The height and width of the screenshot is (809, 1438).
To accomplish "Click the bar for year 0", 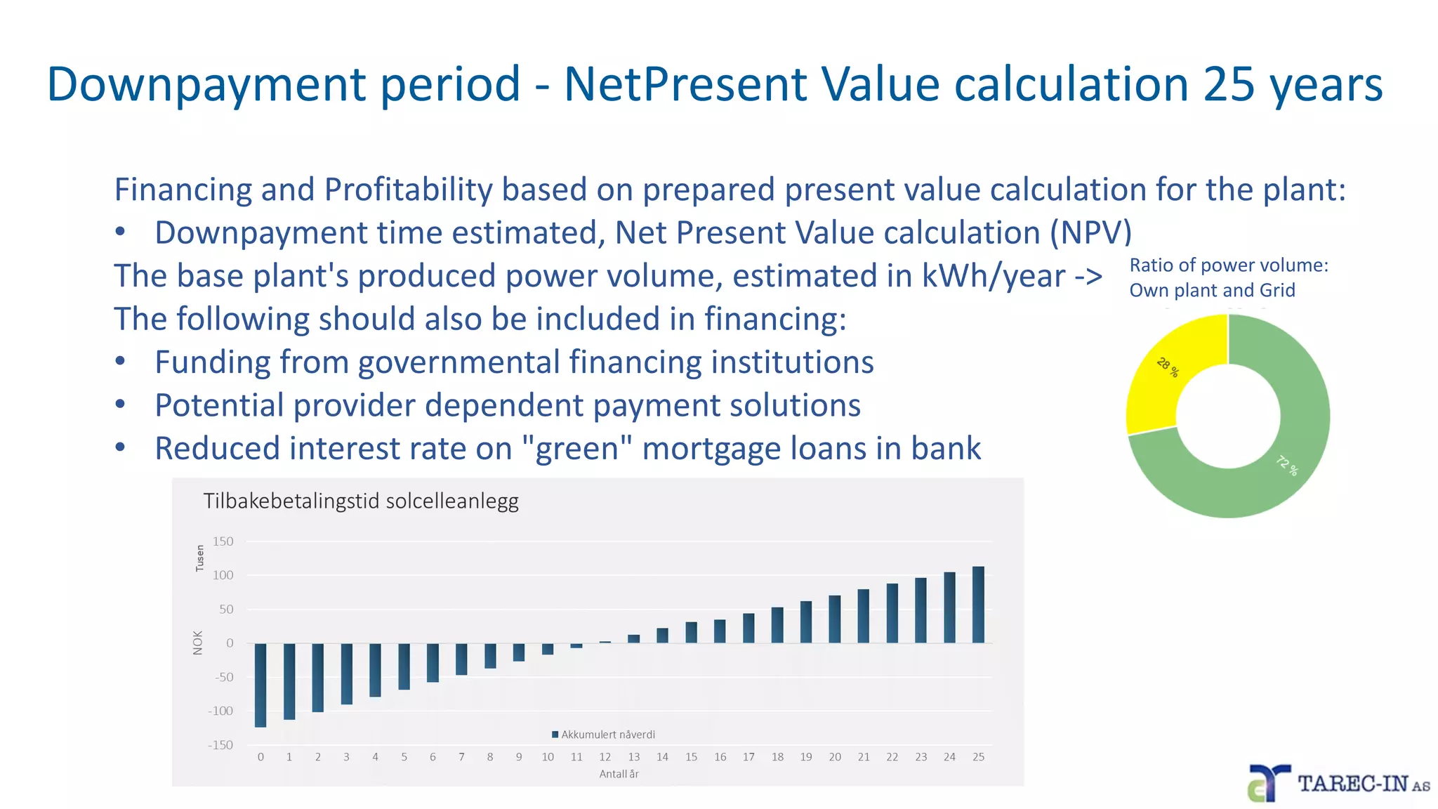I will click(260, 685).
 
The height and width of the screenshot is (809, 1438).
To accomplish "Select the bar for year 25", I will click(978, 605).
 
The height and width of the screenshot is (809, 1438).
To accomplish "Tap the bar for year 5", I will click(404, 666).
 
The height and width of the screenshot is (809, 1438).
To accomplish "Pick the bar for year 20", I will click(835, 619).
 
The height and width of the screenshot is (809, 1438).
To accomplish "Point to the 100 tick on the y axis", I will click(223, 575).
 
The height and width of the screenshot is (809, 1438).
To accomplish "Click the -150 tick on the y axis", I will click(220, 745).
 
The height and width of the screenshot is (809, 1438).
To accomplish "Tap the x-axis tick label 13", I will click(634, 757).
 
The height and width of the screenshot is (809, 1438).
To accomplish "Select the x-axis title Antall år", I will click(619, 774).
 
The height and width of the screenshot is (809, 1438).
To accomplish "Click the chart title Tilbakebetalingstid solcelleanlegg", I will click(361, 501).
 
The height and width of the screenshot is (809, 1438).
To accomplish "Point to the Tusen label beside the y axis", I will click(199, 558).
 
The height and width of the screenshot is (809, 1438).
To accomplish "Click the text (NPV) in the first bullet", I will click(1090, 232).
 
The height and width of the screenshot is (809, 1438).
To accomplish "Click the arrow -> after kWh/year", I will click(1088, 276).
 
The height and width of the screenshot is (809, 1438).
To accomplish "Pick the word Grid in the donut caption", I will click(1277, 290).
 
